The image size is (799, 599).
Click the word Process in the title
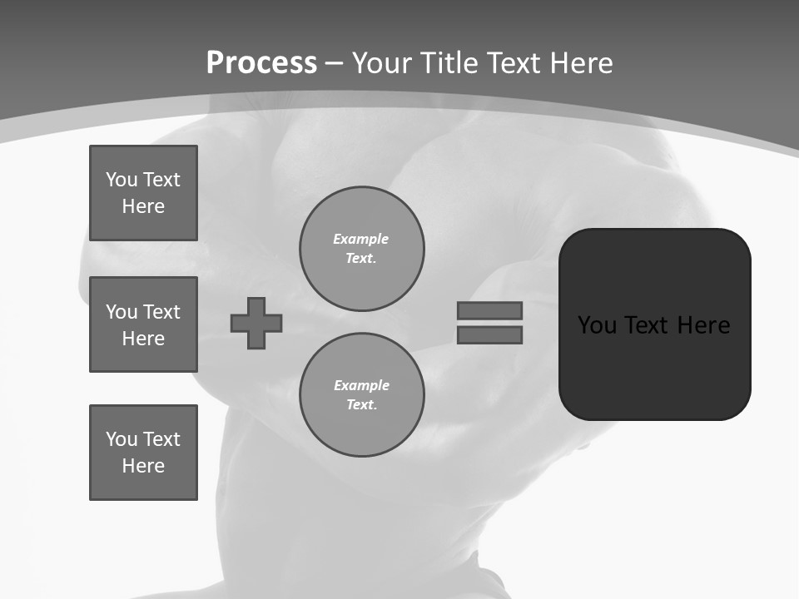coord(261,63)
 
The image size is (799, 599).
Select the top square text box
coord(143,193)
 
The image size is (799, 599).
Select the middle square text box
coord(143,324)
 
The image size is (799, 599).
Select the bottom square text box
coord(143,453)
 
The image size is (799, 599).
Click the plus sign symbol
coord(256,323)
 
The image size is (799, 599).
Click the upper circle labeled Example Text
coord(362,248)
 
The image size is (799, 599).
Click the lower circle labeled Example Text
coord(362,394)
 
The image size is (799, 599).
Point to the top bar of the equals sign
coord(489,310)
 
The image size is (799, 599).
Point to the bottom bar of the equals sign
coord(489,335)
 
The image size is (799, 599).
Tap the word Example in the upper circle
coord(361,239)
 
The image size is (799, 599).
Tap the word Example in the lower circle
coord(361,385)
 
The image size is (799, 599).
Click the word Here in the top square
coord(143,206)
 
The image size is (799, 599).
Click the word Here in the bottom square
coord(143,466)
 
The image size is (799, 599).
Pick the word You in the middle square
coord(121,312)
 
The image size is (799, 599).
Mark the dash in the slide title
coord(335,63)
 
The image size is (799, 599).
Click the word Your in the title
coord(383,63)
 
